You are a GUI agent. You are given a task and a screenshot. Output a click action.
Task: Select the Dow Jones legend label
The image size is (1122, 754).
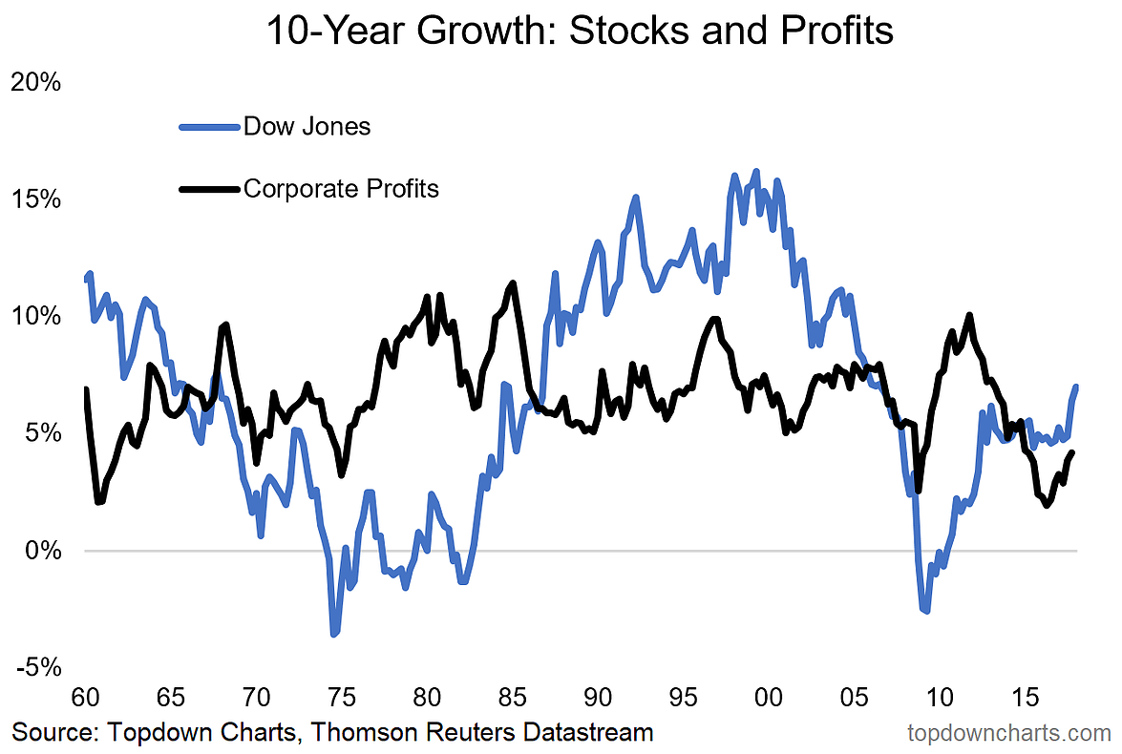(x=307, y=126)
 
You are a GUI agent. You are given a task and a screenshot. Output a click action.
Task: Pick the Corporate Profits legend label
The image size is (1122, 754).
(x=341, y=188)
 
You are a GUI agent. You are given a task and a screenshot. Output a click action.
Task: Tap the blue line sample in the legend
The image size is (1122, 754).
(x=208, y=127)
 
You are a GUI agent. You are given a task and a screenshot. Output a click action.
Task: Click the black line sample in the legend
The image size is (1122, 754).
(x=208, y=189)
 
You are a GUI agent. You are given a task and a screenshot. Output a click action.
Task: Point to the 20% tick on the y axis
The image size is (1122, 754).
(x=35, y=82)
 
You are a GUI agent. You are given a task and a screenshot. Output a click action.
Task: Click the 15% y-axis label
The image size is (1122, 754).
(x=35, y=199)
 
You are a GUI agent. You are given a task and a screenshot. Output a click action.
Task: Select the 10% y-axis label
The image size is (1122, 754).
(x=35, y=316)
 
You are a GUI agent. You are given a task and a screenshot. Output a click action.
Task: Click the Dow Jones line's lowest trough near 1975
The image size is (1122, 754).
(x=334, y=634)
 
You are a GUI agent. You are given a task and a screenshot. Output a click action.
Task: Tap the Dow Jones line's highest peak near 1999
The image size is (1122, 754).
(x=756, y=172)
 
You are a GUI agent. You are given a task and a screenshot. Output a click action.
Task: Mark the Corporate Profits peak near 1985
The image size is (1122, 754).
(x=514, y=283)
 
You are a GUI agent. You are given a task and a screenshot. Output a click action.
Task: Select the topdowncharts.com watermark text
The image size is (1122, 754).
(x=1009, y=733)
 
